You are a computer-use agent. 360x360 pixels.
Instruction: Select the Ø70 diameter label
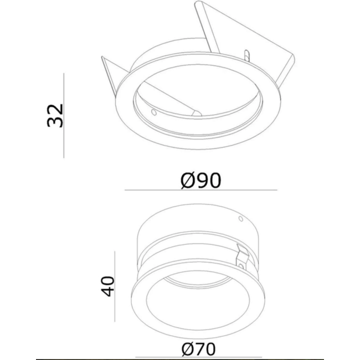click(198, 349)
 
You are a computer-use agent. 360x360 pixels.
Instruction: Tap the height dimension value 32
click(56, 115)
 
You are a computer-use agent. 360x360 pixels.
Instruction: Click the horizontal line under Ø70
click(198, 357)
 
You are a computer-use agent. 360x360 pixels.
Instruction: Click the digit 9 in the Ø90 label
click(202, 180)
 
